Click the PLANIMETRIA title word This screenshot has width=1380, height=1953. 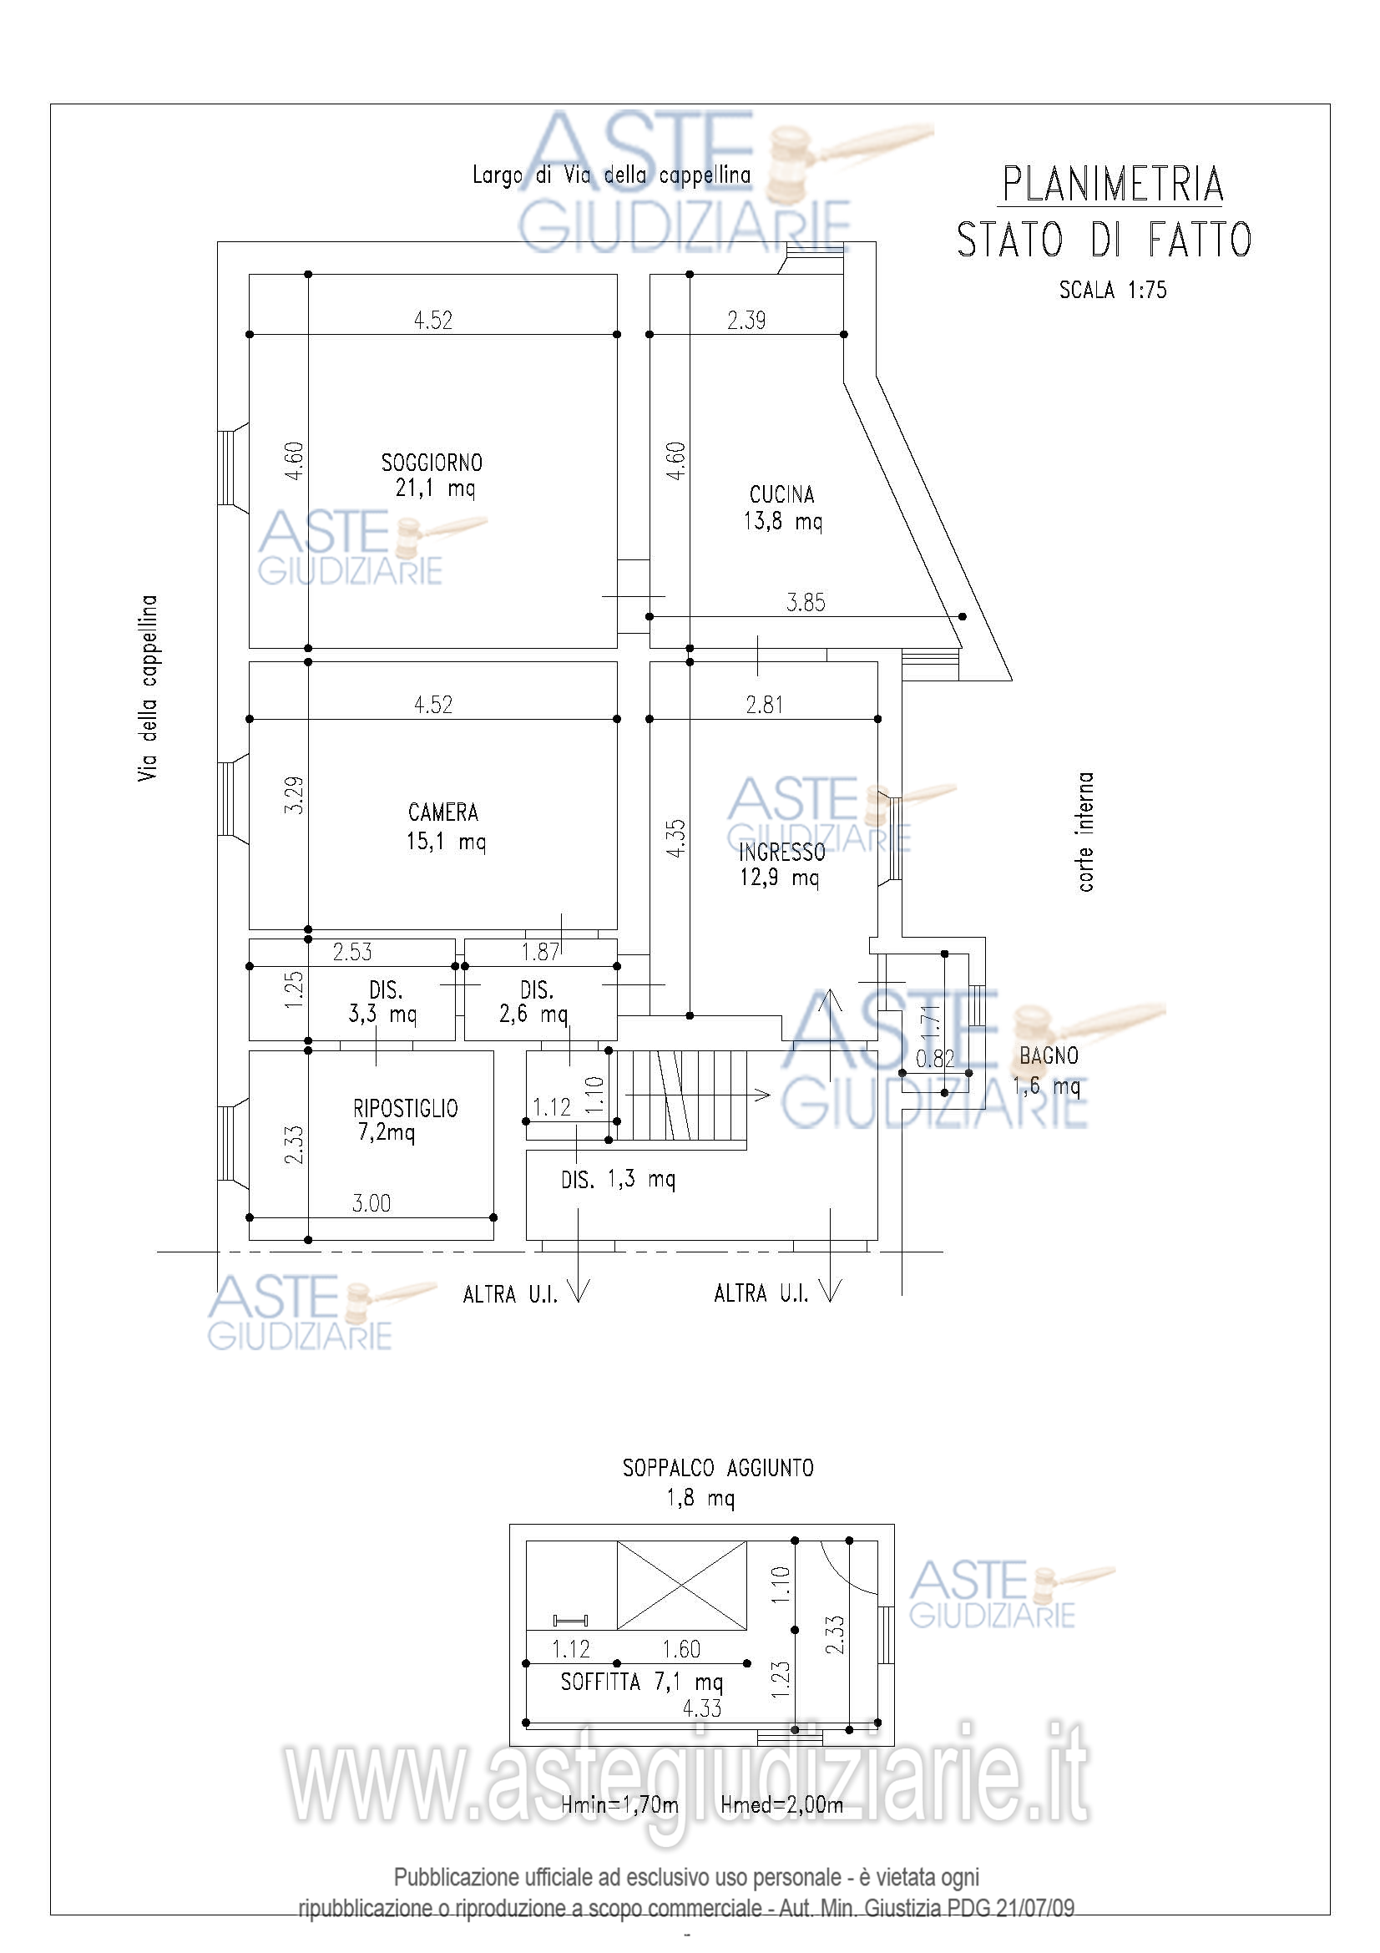1112,185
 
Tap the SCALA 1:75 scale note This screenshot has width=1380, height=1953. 1112,290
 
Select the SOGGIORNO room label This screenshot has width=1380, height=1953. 432,463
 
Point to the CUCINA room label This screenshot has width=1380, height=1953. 781,494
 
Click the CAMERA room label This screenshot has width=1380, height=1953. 443,812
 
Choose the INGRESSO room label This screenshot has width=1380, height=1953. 781,853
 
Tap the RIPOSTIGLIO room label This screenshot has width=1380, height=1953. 406,1108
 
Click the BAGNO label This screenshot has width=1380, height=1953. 1049,1055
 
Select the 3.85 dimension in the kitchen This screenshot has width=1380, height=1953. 806,602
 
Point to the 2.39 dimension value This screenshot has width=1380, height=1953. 746,321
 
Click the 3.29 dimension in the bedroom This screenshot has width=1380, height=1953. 294,796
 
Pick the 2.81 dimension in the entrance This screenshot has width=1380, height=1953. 765,705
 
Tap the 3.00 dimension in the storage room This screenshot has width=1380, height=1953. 372,1202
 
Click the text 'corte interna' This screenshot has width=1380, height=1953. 1085,832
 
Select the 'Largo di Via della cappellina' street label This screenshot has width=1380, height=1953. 611,175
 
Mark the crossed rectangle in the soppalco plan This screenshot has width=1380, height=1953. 682,1586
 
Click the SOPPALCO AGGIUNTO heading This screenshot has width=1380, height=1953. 718,1468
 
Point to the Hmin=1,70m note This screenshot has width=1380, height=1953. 619,1804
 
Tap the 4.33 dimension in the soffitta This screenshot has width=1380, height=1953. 701,1708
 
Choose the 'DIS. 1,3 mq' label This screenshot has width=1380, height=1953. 618,1179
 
